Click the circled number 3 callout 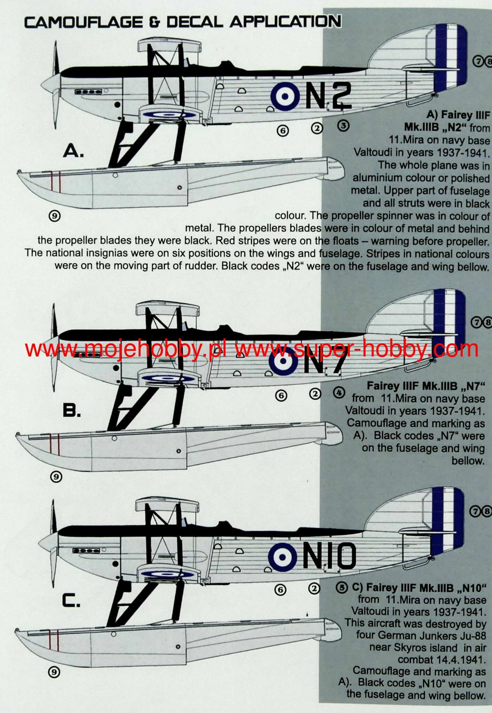[343, 125]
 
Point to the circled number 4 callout [339, 393]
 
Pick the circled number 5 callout [341, 588]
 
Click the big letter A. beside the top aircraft [73, 151]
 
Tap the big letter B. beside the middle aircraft [72, 411]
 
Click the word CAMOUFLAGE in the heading [84, 23]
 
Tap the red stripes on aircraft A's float [55, 181]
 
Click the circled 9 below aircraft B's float [56, 477]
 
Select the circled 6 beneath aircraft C [280, 590]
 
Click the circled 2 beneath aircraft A [317, 128]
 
